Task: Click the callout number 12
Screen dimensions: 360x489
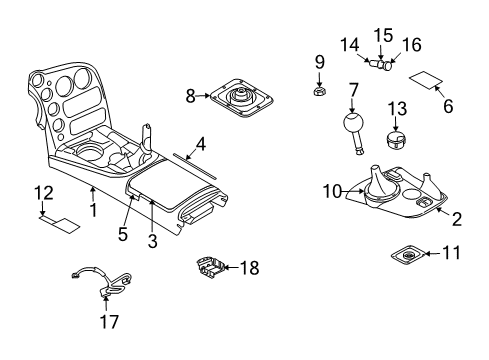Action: click(x=42, y=192)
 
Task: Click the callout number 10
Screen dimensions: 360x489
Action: click(x=333, y=189)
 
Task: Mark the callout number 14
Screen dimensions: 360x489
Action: click(x=351, y=44)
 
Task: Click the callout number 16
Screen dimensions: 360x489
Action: click(x=411, y=44)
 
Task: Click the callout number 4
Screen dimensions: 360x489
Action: click(x=200, y=144)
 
